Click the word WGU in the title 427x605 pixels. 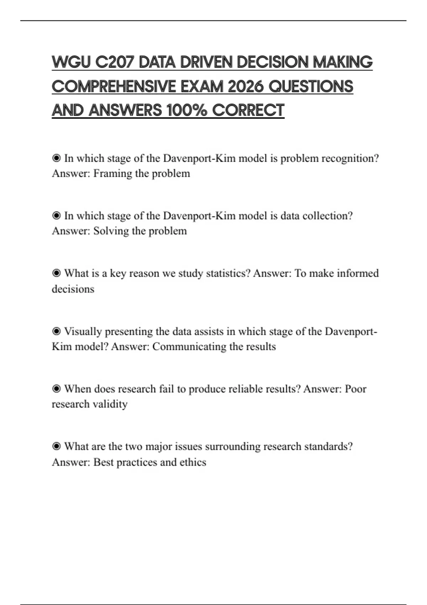coord(71,62)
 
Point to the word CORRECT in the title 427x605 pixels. coord(248,110)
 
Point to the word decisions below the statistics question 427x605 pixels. coord(73,289)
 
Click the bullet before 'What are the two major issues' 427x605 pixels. coord(56,446)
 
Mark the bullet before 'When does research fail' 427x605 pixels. coord(56,389)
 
